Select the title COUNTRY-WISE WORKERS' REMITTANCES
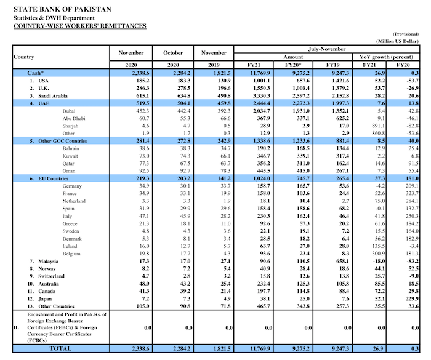coord(79,26)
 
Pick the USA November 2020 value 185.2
coord(127,81)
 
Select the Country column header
coord(23,57)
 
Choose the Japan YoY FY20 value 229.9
coord(403,298)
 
